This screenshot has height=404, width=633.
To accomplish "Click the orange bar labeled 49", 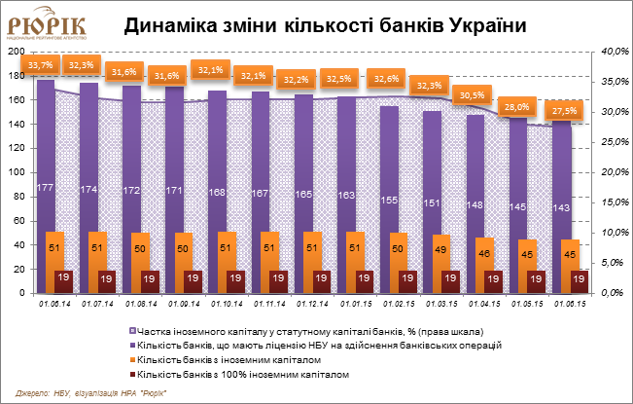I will [441, 263].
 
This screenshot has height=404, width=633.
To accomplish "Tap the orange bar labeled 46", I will [484, 265].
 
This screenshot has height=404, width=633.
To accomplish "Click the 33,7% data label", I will [41, 65].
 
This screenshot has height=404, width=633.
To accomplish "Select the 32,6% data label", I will [385, 77].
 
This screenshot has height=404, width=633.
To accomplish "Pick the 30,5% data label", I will [472, 94].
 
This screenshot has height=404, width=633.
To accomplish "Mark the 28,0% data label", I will [515, 107].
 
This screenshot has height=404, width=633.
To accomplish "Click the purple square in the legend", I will [133, 346].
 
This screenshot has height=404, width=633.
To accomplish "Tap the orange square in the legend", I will [133, 360].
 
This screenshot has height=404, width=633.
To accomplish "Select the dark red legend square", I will [133, 374].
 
